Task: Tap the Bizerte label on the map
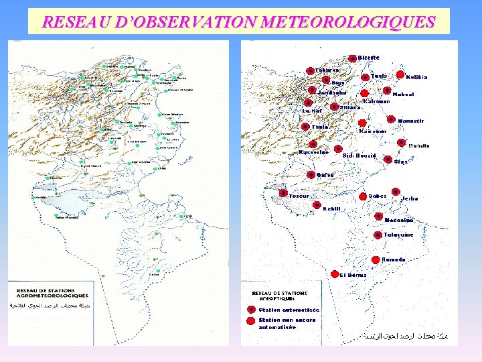click(x=369, y=58)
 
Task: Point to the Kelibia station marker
click(x=400, y=75)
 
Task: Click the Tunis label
click(x=380, y=76)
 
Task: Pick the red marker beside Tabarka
click(x=310, y=70)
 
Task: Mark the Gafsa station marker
click(x=311, y=175)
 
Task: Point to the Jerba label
click(x=410, y=199)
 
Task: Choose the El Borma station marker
click(x=334, y=274)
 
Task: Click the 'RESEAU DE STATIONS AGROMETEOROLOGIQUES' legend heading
click(x=53, y=293)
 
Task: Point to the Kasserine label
click(x=313, y=152)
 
